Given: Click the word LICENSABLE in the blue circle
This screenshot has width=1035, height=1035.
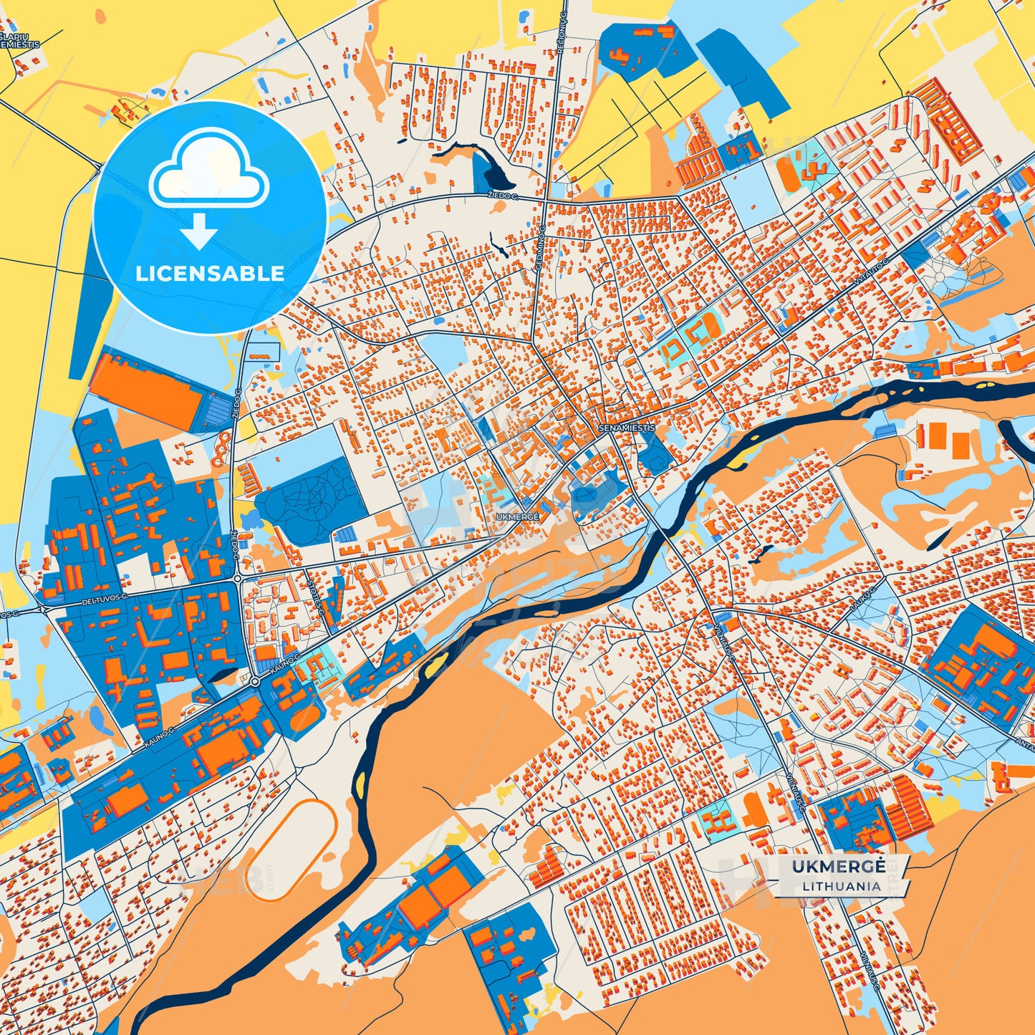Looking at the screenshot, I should pyautogui.click(x=210, y=274).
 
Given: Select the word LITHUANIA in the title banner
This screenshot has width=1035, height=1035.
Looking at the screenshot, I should pyautogui.click(x=842, y=886).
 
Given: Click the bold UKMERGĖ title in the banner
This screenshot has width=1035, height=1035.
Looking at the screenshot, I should pyautogui.click(x=839, y=867).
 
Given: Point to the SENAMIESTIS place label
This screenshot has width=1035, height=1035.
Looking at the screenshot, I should pyautogui.click(x=627, y=428).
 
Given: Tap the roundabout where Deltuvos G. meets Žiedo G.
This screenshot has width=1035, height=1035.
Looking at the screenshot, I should pyautogui.click(x=236, y=578).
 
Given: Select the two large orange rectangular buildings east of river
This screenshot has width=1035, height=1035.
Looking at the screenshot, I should pyautogui.click(x=947, y=439).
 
